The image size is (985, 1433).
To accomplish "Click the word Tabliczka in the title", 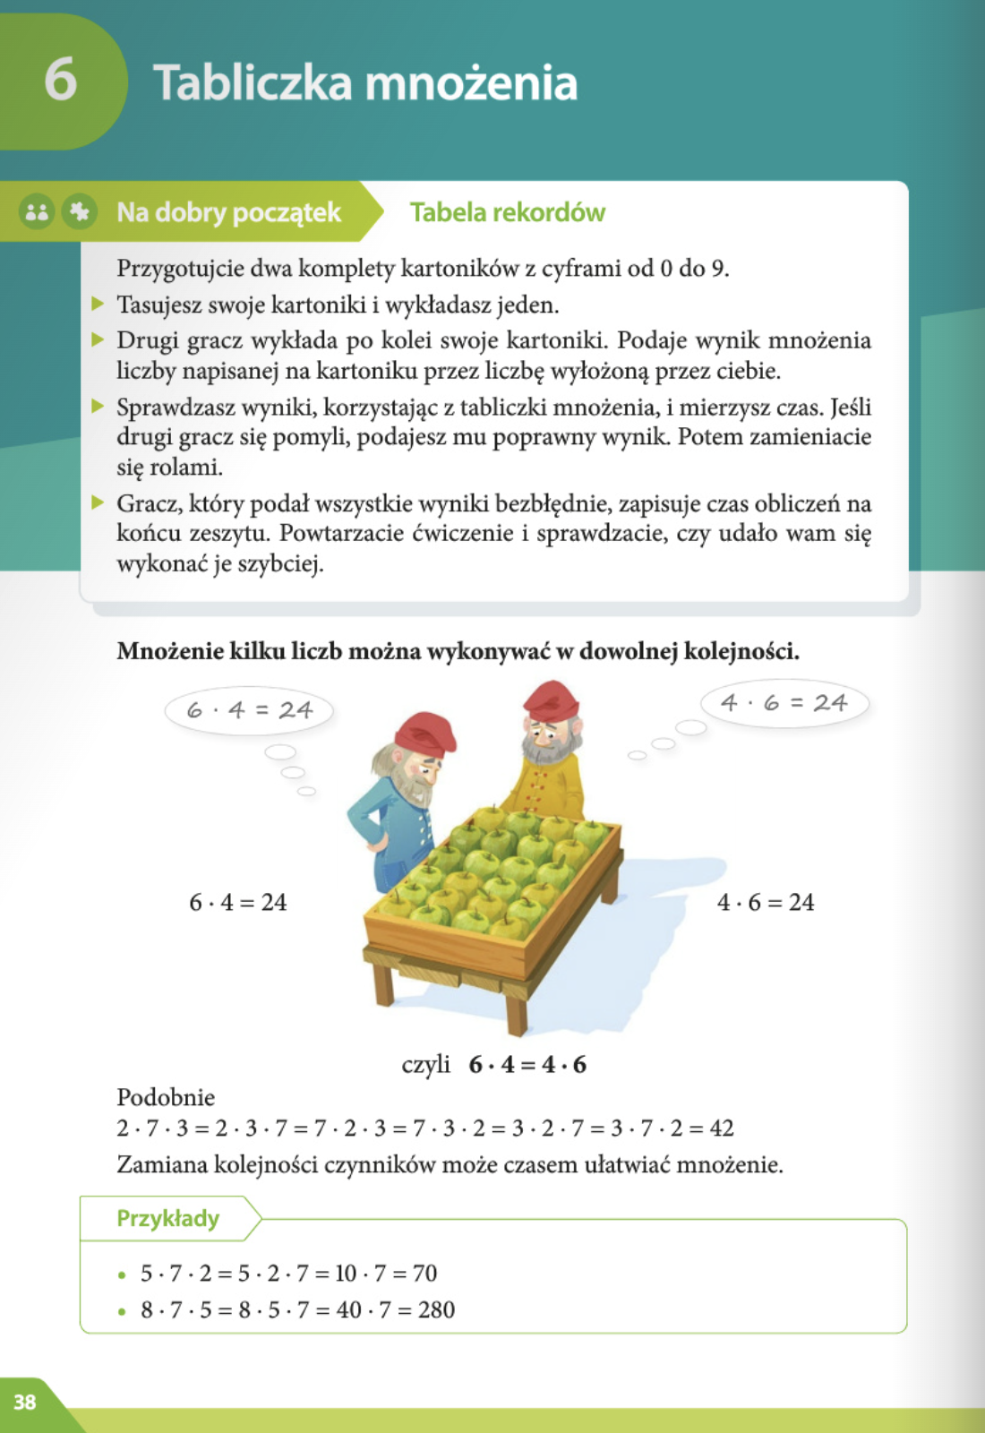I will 253,82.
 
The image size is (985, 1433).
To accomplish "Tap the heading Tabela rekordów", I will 507,212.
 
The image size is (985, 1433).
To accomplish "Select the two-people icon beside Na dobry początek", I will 37,212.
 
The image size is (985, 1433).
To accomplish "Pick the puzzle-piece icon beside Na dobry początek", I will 80,212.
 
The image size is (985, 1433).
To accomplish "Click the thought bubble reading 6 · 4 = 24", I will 249,710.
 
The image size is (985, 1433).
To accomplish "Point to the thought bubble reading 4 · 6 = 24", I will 784,703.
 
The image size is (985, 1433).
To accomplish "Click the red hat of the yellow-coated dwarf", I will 550,699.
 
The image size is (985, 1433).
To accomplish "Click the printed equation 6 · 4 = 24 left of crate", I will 237,902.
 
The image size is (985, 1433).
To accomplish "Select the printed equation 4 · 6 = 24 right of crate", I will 766,902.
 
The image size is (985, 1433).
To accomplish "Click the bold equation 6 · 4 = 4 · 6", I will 527,1064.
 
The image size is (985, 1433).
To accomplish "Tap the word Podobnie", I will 166,1097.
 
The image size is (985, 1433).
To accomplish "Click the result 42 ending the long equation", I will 722,1128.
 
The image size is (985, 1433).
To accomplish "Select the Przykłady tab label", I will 167,1218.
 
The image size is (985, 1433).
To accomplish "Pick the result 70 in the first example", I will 424,1273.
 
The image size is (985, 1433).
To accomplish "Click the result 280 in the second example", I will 436,1309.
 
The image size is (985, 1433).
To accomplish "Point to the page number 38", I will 25,1402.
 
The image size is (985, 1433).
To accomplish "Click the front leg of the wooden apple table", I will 516,1011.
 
